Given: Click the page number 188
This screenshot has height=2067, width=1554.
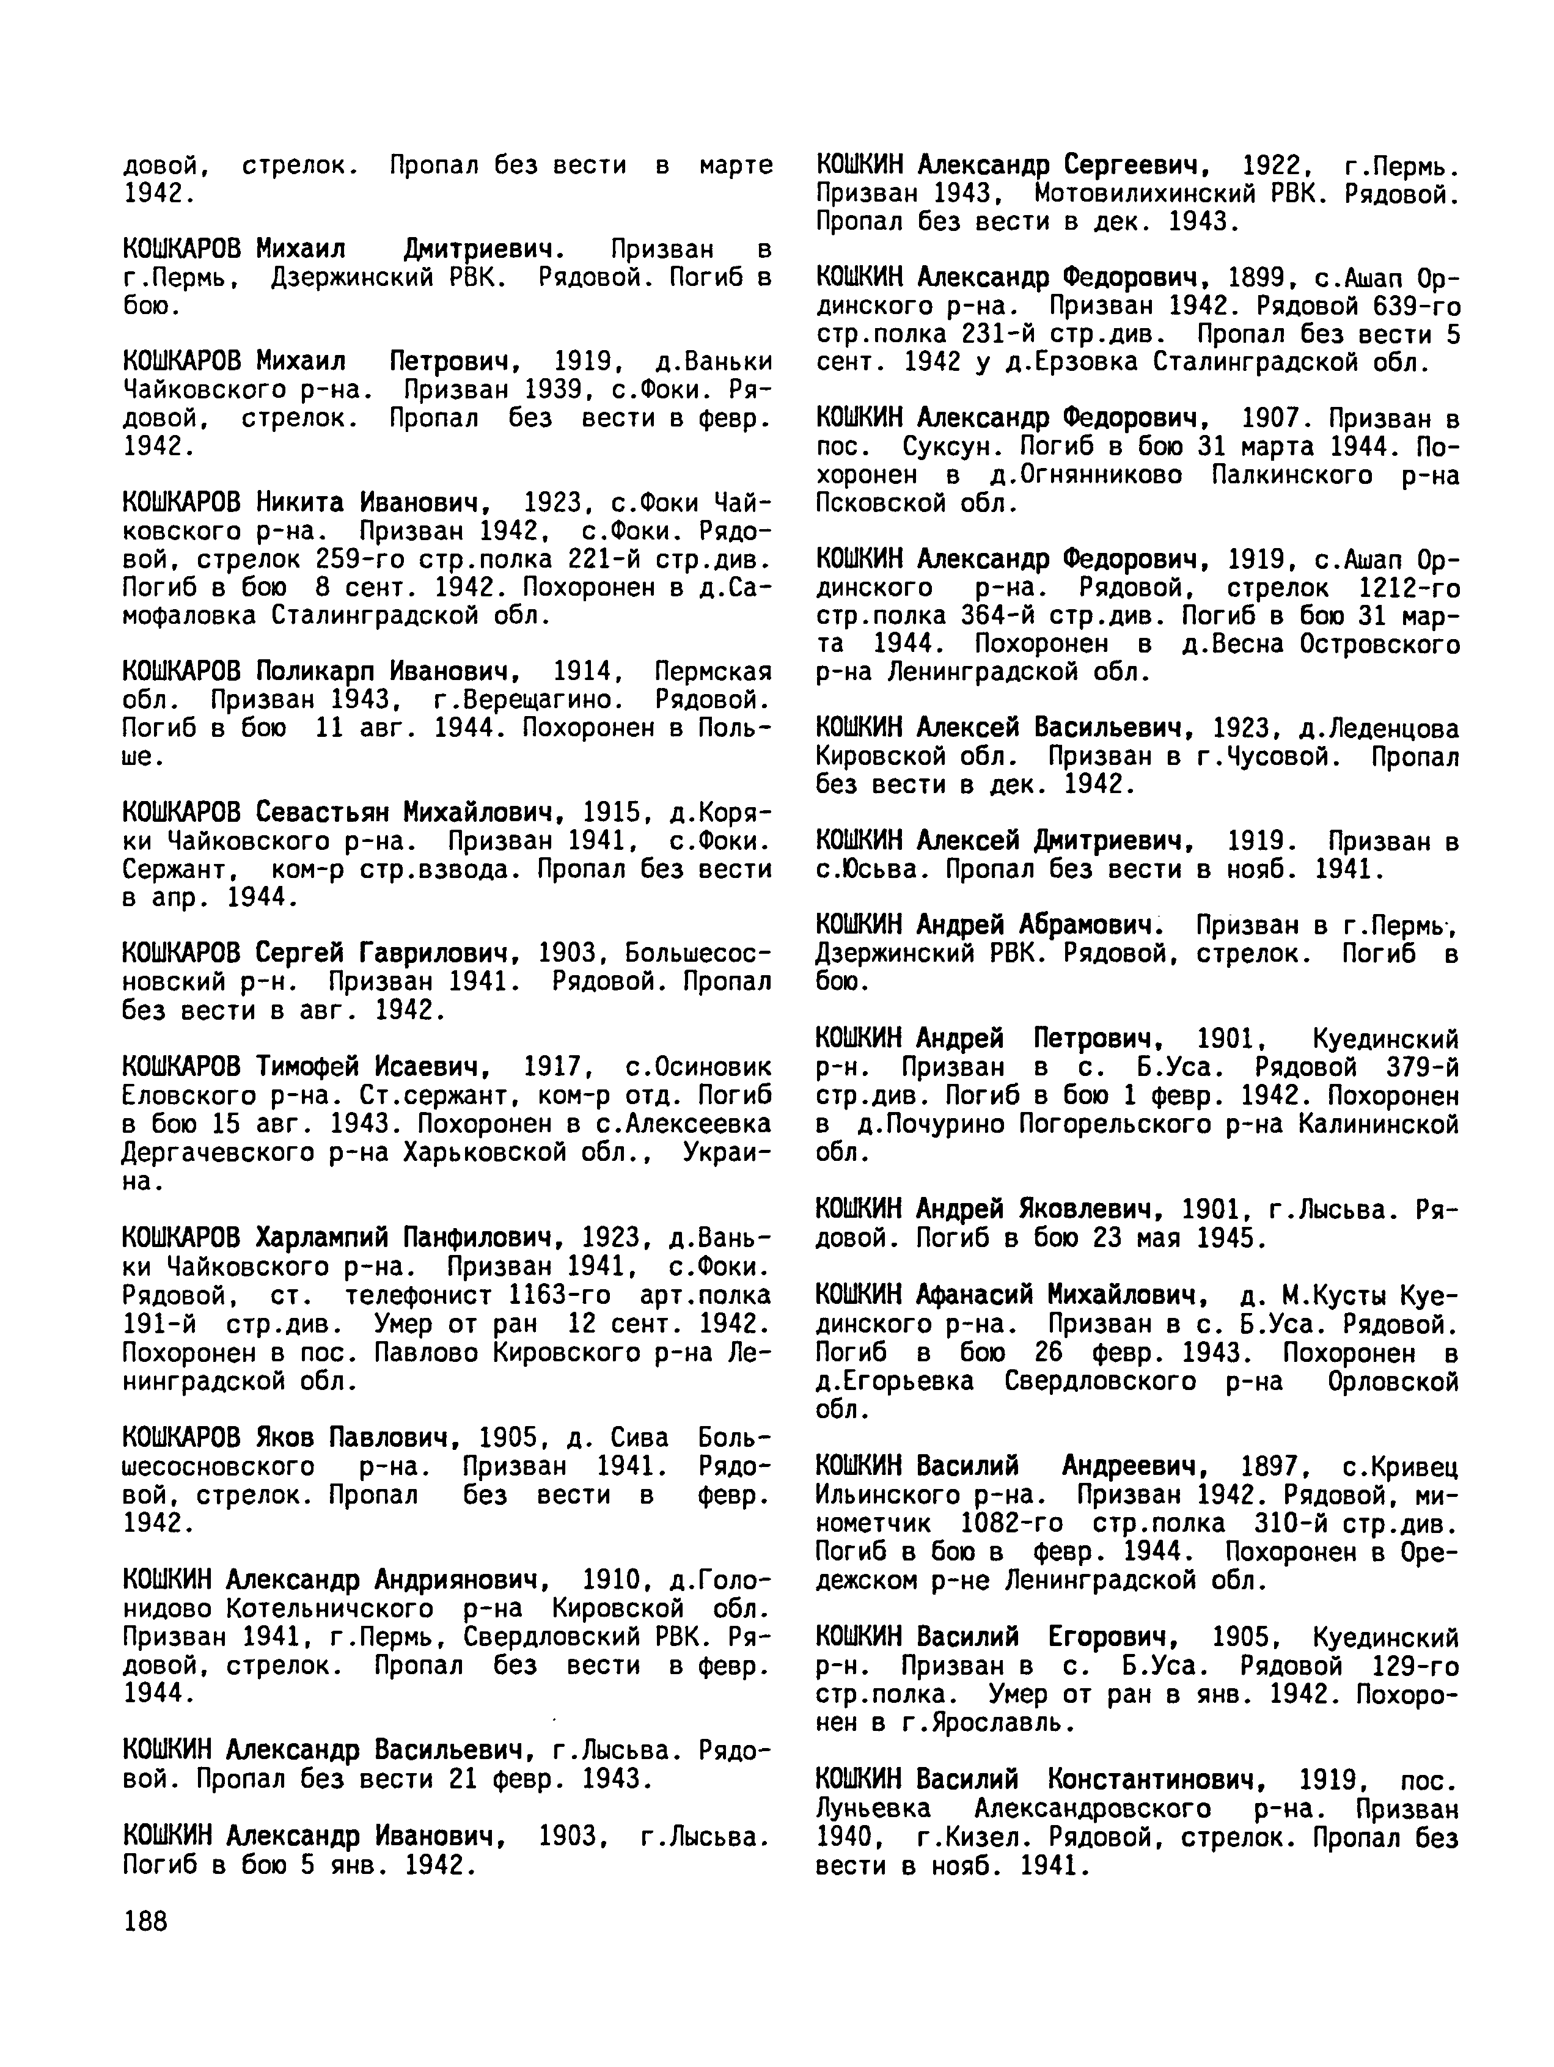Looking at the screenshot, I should [145, 1921].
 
